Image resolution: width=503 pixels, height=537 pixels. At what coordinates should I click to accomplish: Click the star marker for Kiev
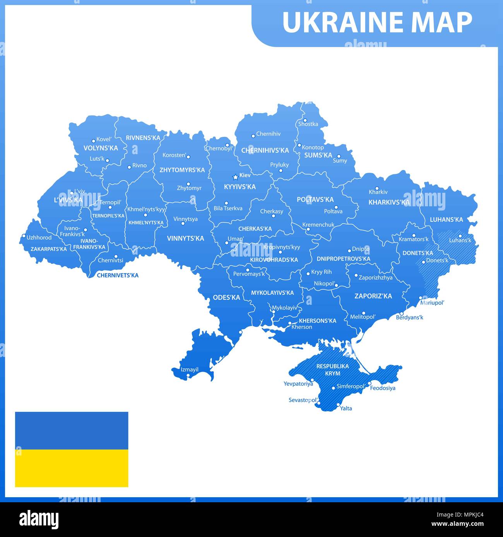pos(235,177)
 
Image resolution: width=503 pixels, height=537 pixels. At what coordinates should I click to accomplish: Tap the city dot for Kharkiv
pos(377,188)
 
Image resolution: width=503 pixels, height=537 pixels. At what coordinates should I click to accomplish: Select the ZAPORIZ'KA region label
pos(373,296)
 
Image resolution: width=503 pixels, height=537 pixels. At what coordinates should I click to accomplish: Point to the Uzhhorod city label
pos(39,237)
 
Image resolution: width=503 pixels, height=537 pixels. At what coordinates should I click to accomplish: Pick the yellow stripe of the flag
pos(72,468)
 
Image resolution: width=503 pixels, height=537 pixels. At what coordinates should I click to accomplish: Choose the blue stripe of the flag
pos(72,430)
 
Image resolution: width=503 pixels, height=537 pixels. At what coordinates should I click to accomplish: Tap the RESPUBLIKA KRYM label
pos(332,370)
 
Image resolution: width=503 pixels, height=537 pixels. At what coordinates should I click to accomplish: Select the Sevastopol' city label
pos(303,400)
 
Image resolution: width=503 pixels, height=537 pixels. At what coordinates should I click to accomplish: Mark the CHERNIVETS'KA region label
pos(117,275)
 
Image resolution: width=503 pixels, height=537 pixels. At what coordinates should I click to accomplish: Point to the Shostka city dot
pos(305,120)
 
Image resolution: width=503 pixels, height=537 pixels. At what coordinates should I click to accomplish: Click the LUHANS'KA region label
pos(446,219)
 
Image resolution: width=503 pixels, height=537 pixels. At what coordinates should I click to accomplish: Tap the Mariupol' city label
pos(432,302)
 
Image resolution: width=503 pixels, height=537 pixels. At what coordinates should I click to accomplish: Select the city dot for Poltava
pos(336,207)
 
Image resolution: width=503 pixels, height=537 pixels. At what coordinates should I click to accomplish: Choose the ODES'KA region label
pos(226,297)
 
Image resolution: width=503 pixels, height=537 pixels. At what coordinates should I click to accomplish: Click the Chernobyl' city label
pos(219,148)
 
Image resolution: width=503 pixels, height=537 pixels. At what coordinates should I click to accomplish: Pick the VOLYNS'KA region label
pos(101,148)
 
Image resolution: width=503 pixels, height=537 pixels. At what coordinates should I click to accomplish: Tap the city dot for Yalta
pos(338,405)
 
